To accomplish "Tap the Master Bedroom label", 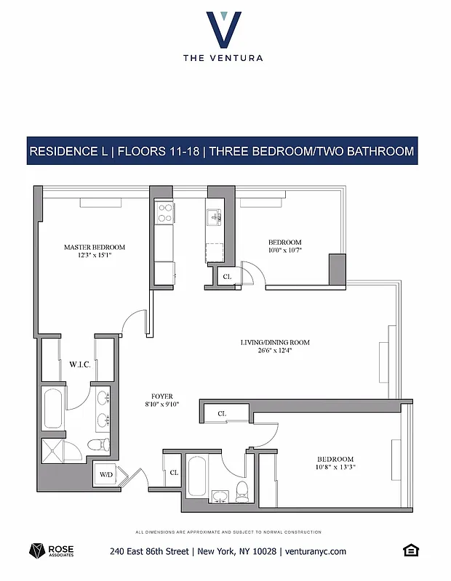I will click(x=94, y=247).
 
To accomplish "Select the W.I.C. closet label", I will click(x=79, y=364).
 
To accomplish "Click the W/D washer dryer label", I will click(x=106, y=475).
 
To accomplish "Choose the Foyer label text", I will click(x=161, y=396).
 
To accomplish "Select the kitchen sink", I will click(x=214, y=216).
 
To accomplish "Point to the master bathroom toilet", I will click(x=96, y=445).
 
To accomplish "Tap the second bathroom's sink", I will click(x=219, y=496).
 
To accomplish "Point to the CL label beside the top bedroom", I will click(x=227, y=277).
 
